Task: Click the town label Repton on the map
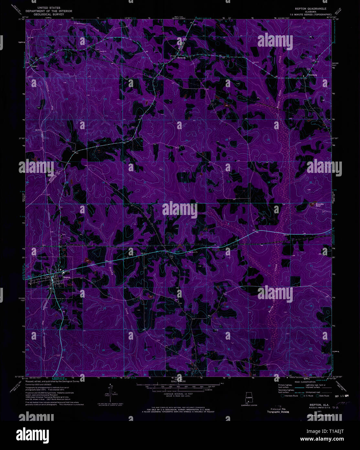pyautogui.click(x=67, y=277)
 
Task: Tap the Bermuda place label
pyautogui.click(x=181, y=58)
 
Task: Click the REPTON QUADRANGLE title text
pyautogui.click(x=310, y=8)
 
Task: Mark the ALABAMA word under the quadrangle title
pyautogui.click(x=310, y=12)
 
